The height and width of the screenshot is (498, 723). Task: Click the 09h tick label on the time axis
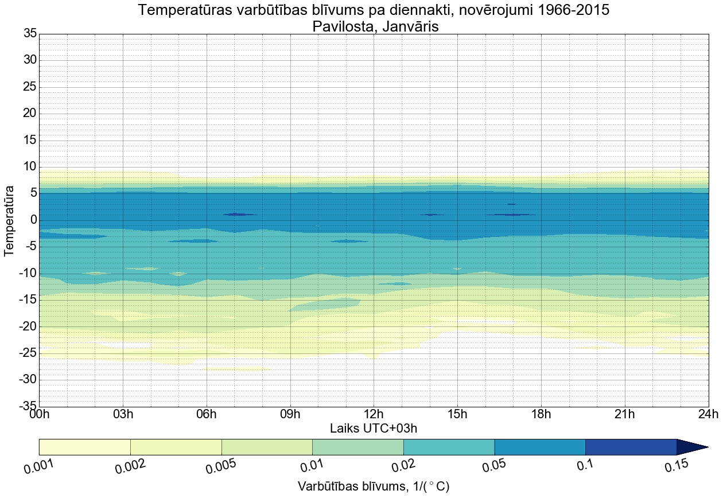[290, 414]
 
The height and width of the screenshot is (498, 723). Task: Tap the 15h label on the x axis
[457, 414]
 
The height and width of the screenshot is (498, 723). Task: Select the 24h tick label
[708, 414]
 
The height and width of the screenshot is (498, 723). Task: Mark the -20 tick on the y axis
[26, 326]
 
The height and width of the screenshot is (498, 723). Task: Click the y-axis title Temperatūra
[9, 220]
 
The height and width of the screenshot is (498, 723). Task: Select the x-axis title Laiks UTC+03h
[374, 428]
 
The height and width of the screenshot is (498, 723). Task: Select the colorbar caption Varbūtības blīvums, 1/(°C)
[374, 487]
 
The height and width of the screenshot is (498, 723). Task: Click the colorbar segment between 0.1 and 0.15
[631, 447]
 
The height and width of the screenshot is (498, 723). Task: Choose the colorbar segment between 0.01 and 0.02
[357, 447]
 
